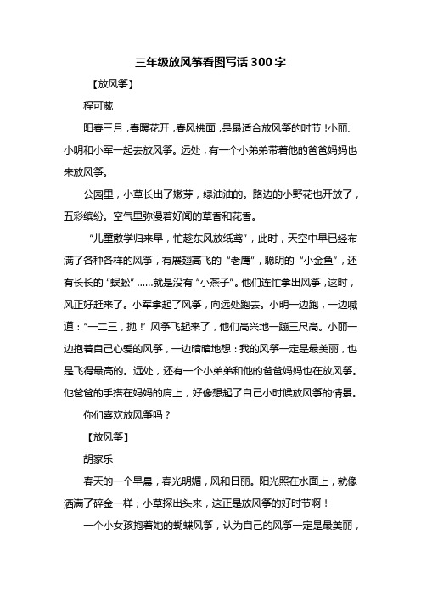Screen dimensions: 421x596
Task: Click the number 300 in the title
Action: point(263,62)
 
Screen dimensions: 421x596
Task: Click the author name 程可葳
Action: point(97,107)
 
